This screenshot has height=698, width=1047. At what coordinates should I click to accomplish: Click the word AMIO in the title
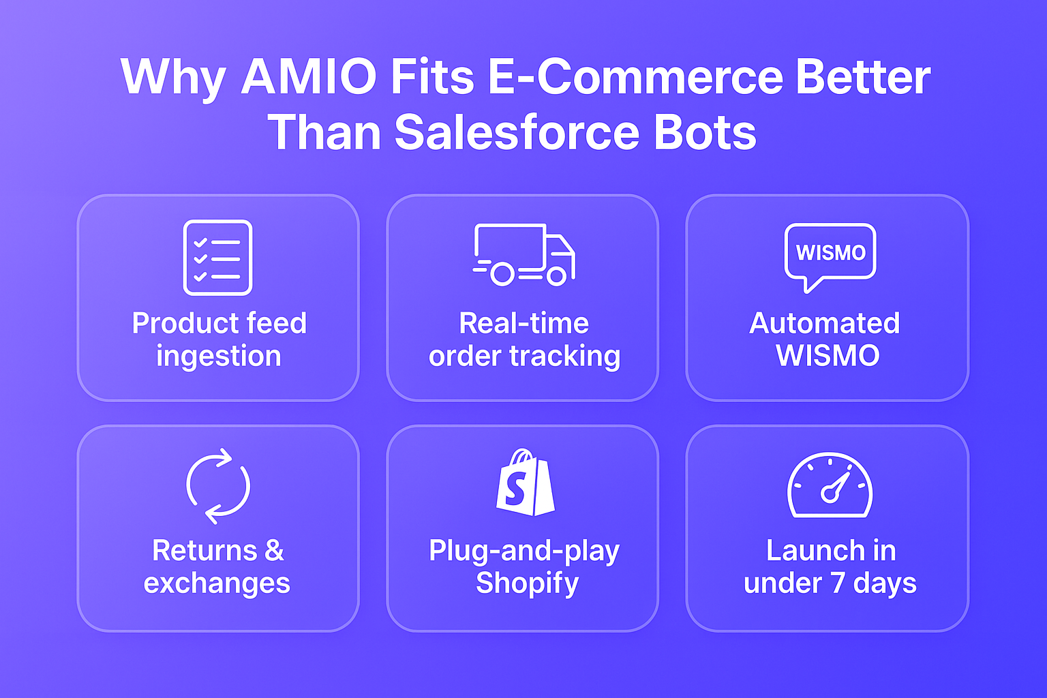(x=308, y=77)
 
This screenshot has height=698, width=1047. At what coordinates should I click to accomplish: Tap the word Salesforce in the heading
(x=517, y=132)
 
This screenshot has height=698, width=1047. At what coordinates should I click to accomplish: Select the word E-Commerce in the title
(x=635, y=77)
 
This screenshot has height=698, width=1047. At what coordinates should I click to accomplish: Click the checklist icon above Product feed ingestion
(x=217, y=258)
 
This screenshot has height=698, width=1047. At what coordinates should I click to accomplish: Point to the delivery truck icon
(x=523, y=254)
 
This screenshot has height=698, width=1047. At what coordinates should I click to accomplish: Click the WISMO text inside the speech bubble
(x=830, y=253)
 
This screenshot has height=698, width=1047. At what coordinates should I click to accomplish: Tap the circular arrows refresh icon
(x=218, y=486)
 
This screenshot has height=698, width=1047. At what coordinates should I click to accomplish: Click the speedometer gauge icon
(x=830, y=485)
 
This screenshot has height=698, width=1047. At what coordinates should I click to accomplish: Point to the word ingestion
(x=218, y=356)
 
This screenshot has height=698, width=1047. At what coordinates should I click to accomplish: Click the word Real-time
(x=523, y=323)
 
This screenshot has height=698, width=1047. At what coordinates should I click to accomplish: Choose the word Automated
(x=825, y=323)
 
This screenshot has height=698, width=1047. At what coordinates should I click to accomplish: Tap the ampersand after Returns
(x=274, y=551)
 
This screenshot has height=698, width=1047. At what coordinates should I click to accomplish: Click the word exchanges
(x=217, y=583)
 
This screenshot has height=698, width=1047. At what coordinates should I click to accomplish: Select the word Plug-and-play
(x=523, y=551)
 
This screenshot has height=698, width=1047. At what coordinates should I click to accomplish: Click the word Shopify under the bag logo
(x=527, y=583)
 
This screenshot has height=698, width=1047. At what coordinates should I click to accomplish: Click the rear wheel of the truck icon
(x=502, y=274)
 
